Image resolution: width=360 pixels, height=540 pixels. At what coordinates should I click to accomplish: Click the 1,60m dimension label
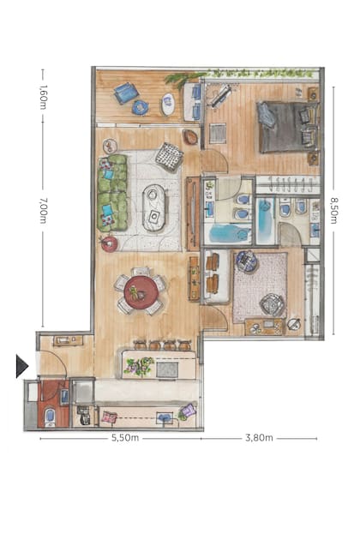click(43, 97)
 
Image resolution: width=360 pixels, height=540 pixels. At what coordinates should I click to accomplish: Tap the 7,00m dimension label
click(43, 210)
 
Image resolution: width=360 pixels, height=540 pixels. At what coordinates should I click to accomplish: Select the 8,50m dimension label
click(333, 210)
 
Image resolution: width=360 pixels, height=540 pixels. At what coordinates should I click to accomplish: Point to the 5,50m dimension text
click(125, 438)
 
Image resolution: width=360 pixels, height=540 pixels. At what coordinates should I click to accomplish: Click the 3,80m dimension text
click(259, 438)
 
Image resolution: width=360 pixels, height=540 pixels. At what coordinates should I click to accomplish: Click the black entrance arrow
click(22, 366)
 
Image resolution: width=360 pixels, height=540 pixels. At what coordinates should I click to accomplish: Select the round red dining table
click(141, 292)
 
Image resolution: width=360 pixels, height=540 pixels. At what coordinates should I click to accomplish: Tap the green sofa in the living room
click(112, 193)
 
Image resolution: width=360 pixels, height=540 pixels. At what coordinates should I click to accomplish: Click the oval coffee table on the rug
click(153, 207)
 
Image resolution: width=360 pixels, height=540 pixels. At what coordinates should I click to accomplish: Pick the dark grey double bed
click(289, 127)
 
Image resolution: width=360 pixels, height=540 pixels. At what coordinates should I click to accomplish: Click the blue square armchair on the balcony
click(126, 93)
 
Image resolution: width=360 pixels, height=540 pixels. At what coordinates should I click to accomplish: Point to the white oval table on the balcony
click(169, 104)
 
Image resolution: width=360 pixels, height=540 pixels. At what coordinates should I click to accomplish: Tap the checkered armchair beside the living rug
click(169, 158)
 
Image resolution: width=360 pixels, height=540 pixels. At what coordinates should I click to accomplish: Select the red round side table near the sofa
click(109, 243)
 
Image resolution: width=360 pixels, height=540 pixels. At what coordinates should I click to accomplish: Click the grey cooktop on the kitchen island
click(167, 369)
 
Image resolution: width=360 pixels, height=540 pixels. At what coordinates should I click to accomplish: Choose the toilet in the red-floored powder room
click(50, 417)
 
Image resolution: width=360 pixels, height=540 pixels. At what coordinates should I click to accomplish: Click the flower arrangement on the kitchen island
click(140, 367)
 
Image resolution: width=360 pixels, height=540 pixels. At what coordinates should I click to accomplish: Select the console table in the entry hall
click(68, 340)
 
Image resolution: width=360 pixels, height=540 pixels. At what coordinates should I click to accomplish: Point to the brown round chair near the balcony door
click(190, 137)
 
